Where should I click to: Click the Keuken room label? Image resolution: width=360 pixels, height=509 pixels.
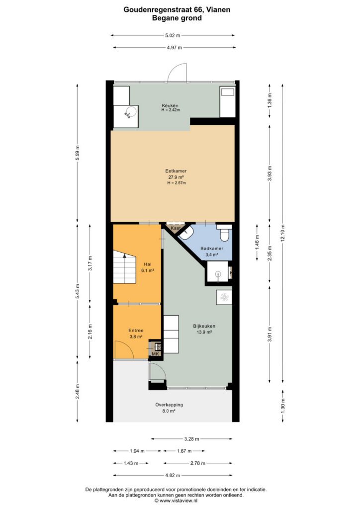pos(170,105)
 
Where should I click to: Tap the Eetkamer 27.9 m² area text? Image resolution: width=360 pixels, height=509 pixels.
pos(176,177)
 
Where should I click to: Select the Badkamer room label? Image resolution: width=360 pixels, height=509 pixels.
pos(212,249)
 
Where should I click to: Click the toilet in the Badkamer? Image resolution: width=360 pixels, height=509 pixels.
pos(224,233)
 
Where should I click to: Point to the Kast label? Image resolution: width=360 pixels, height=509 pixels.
pos(176,228)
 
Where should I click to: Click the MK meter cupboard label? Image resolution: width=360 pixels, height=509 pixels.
pos(156,354)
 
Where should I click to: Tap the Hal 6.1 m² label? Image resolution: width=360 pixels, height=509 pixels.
pos(147,267)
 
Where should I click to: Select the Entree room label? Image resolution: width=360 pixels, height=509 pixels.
pos(136,331)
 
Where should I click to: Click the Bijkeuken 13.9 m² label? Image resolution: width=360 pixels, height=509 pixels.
pos(204,329)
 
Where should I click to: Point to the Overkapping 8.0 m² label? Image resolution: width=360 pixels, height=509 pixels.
pos(169,408)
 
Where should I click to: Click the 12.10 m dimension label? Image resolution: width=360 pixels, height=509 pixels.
pos(283,233)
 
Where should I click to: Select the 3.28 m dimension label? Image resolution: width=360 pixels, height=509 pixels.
pos(192,439)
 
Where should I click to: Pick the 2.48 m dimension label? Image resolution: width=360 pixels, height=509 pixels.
pos(77,392)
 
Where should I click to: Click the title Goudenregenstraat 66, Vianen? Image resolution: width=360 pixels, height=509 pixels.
pos(177,10)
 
